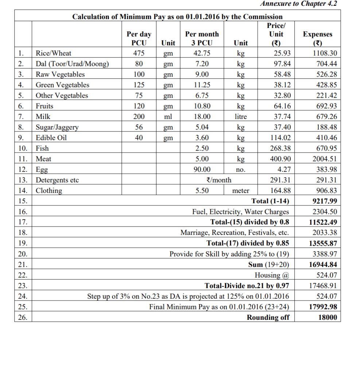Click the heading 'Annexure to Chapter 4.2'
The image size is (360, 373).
[x=298, y=4]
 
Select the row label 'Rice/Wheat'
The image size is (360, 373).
[x=53, y=53]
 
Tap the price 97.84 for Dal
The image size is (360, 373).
[x=281, y=64]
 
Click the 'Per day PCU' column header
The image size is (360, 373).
[x=139, y=38]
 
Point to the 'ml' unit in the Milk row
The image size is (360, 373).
[x=168, y=117]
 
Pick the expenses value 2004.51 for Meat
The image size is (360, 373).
[x=325, y=159]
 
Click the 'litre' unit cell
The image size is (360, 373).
[x=240, y=117]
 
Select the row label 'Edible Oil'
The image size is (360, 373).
[x=51, y=138]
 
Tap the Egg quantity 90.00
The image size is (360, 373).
[x=202, y=169]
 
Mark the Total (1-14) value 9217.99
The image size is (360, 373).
[x=325, y=201]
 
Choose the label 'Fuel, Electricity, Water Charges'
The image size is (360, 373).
[x=240, y=212]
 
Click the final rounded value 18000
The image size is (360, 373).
[x=328, y=317]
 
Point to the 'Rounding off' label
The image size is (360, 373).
[x=268, y=317]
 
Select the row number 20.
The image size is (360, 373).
[x=22, y=254]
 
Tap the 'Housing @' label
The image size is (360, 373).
[x=272, y=275]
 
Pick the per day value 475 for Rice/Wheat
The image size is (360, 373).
[x=139, y=53]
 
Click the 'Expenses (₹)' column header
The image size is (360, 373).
[x=317, y=38]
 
